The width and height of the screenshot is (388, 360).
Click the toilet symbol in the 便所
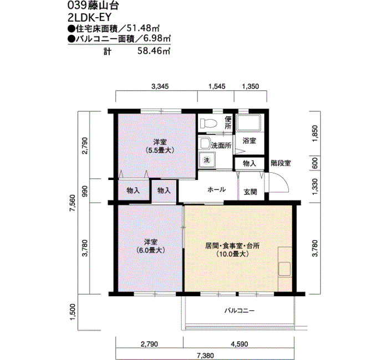click(208, 123)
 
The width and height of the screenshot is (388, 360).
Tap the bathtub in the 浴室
click(249, 122)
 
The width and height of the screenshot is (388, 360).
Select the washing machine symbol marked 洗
click(207, 160)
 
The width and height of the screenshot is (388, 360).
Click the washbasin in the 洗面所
click(204, 143)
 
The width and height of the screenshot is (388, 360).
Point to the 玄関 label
click(250, 192)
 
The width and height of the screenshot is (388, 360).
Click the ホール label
click(217, 189)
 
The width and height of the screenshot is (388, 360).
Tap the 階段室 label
click(280, 163)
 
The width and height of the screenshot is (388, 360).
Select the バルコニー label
click(239, 311)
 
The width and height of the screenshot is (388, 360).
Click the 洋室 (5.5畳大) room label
click(160, 146)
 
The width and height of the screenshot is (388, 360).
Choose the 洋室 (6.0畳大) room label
click(151, 246)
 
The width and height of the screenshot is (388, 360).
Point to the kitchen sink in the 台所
click(284, 269)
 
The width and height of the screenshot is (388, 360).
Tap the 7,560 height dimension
click(73, 203)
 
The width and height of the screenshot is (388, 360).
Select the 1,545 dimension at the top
click(217, 86)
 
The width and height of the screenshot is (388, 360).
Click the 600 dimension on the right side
click(315, 163)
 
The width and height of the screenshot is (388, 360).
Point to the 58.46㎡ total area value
click(154, 51)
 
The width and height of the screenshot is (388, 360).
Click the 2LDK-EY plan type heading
click(89, 17)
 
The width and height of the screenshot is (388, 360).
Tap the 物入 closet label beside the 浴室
click(249, 163)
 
